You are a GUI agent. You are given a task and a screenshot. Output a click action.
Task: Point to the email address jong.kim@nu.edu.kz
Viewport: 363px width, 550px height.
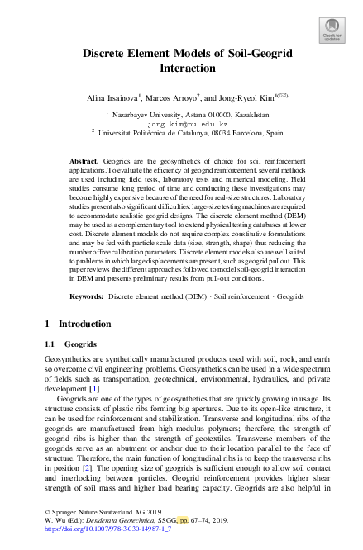pos(181,121)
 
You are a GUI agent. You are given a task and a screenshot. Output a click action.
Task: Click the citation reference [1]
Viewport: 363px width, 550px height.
pos(96,387)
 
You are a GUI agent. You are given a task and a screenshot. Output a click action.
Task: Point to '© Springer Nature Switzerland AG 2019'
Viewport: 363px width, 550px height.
pos(94,525)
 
